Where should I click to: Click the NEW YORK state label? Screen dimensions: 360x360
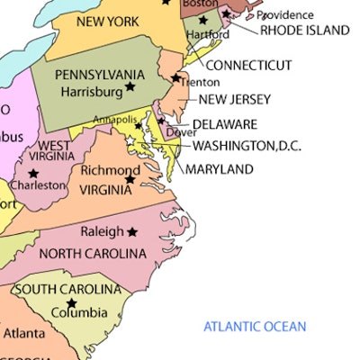tap(107, 21)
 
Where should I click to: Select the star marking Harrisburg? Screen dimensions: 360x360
tap(130, 86)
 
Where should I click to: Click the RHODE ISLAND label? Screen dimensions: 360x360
tap(304, 30)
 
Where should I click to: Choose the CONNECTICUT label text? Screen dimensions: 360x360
tap(248, 65)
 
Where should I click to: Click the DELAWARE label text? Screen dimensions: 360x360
tap(224, 124)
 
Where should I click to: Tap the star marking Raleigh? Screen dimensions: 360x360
tap(132, 231)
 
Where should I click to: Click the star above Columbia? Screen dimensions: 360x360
tap(71, 302)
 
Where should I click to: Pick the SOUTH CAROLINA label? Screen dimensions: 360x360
tap(67, 289)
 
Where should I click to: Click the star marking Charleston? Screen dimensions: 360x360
tap(33, 173)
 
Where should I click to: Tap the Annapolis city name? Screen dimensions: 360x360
tap(117, 119)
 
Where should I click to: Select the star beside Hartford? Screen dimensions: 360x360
tap(202, 20)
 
